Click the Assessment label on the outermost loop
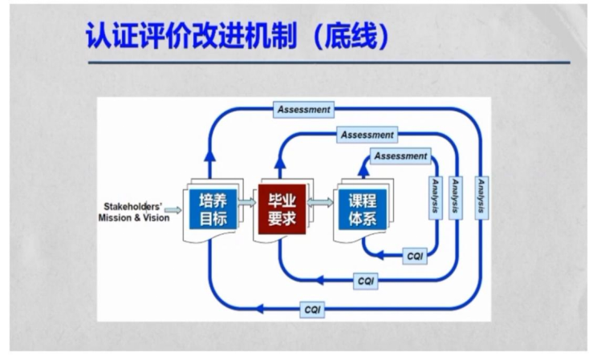click(303, 109)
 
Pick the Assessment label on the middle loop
click(367, 135)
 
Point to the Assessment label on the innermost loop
click(400, 156)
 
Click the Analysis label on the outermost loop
click(481, 196)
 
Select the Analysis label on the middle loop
click(457, 196)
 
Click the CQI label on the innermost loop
click(414, 257)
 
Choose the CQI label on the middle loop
click(366, 281)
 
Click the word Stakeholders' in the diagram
click(134, 205)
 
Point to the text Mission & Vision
click(134, 217)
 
